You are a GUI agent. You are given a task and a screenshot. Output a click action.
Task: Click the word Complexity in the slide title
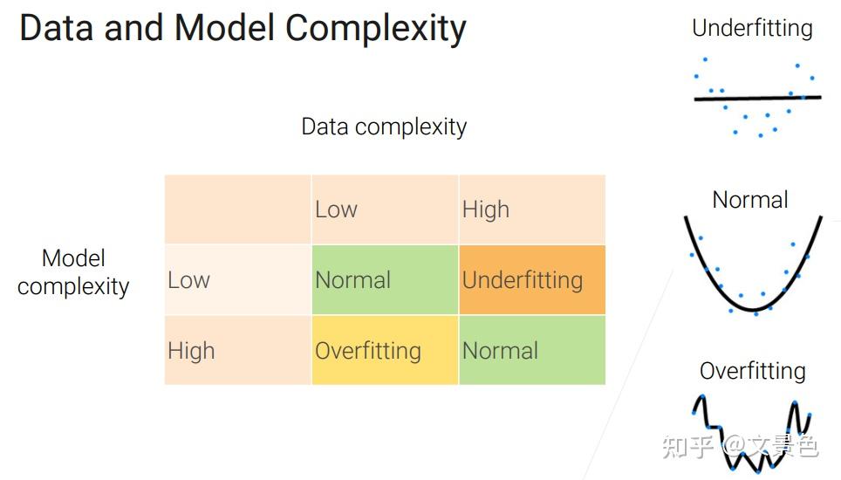point(375,29)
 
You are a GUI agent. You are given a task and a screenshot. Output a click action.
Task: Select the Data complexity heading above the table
point(384,127)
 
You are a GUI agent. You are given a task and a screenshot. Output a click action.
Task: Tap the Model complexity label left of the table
point(73,272)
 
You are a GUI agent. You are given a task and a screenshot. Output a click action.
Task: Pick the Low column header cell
point(385,209)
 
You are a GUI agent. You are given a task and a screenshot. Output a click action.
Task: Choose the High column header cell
point(532,209)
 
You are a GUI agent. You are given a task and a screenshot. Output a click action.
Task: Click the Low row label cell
point(237,279)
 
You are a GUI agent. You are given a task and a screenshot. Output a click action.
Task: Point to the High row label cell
point(237,350)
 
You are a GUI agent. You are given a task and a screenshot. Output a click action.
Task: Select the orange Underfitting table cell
point(532,279)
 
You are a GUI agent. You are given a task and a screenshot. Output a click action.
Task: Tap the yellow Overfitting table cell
point(385,350)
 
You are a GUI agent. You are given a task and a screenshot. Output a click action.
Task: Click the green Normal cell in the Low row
point(385,279)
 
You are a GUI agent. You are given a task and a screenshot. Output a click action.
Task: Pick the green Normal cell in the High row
point(532,350)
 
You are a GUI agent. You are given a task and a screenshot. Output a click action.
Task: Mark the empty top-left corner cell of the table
point(237,209)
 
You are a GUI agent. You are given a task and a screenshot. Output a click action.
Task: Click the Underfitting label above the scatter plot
point(752,29)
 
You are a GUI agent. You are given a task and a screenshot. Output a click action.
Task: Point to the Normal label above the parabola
point(749,200)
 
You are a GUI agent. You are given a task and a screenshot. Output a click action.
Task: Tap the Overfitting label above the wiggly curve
point(753,371)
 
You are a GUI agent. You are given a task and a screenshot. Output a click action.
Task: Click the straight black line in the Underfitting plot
point(757,98)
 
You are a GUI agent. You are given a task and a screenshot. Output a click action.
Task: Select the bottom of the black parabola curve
point(754,310)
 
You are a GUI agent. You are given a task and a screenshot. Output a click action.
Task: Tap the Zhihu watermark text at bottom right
point(740,446)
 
